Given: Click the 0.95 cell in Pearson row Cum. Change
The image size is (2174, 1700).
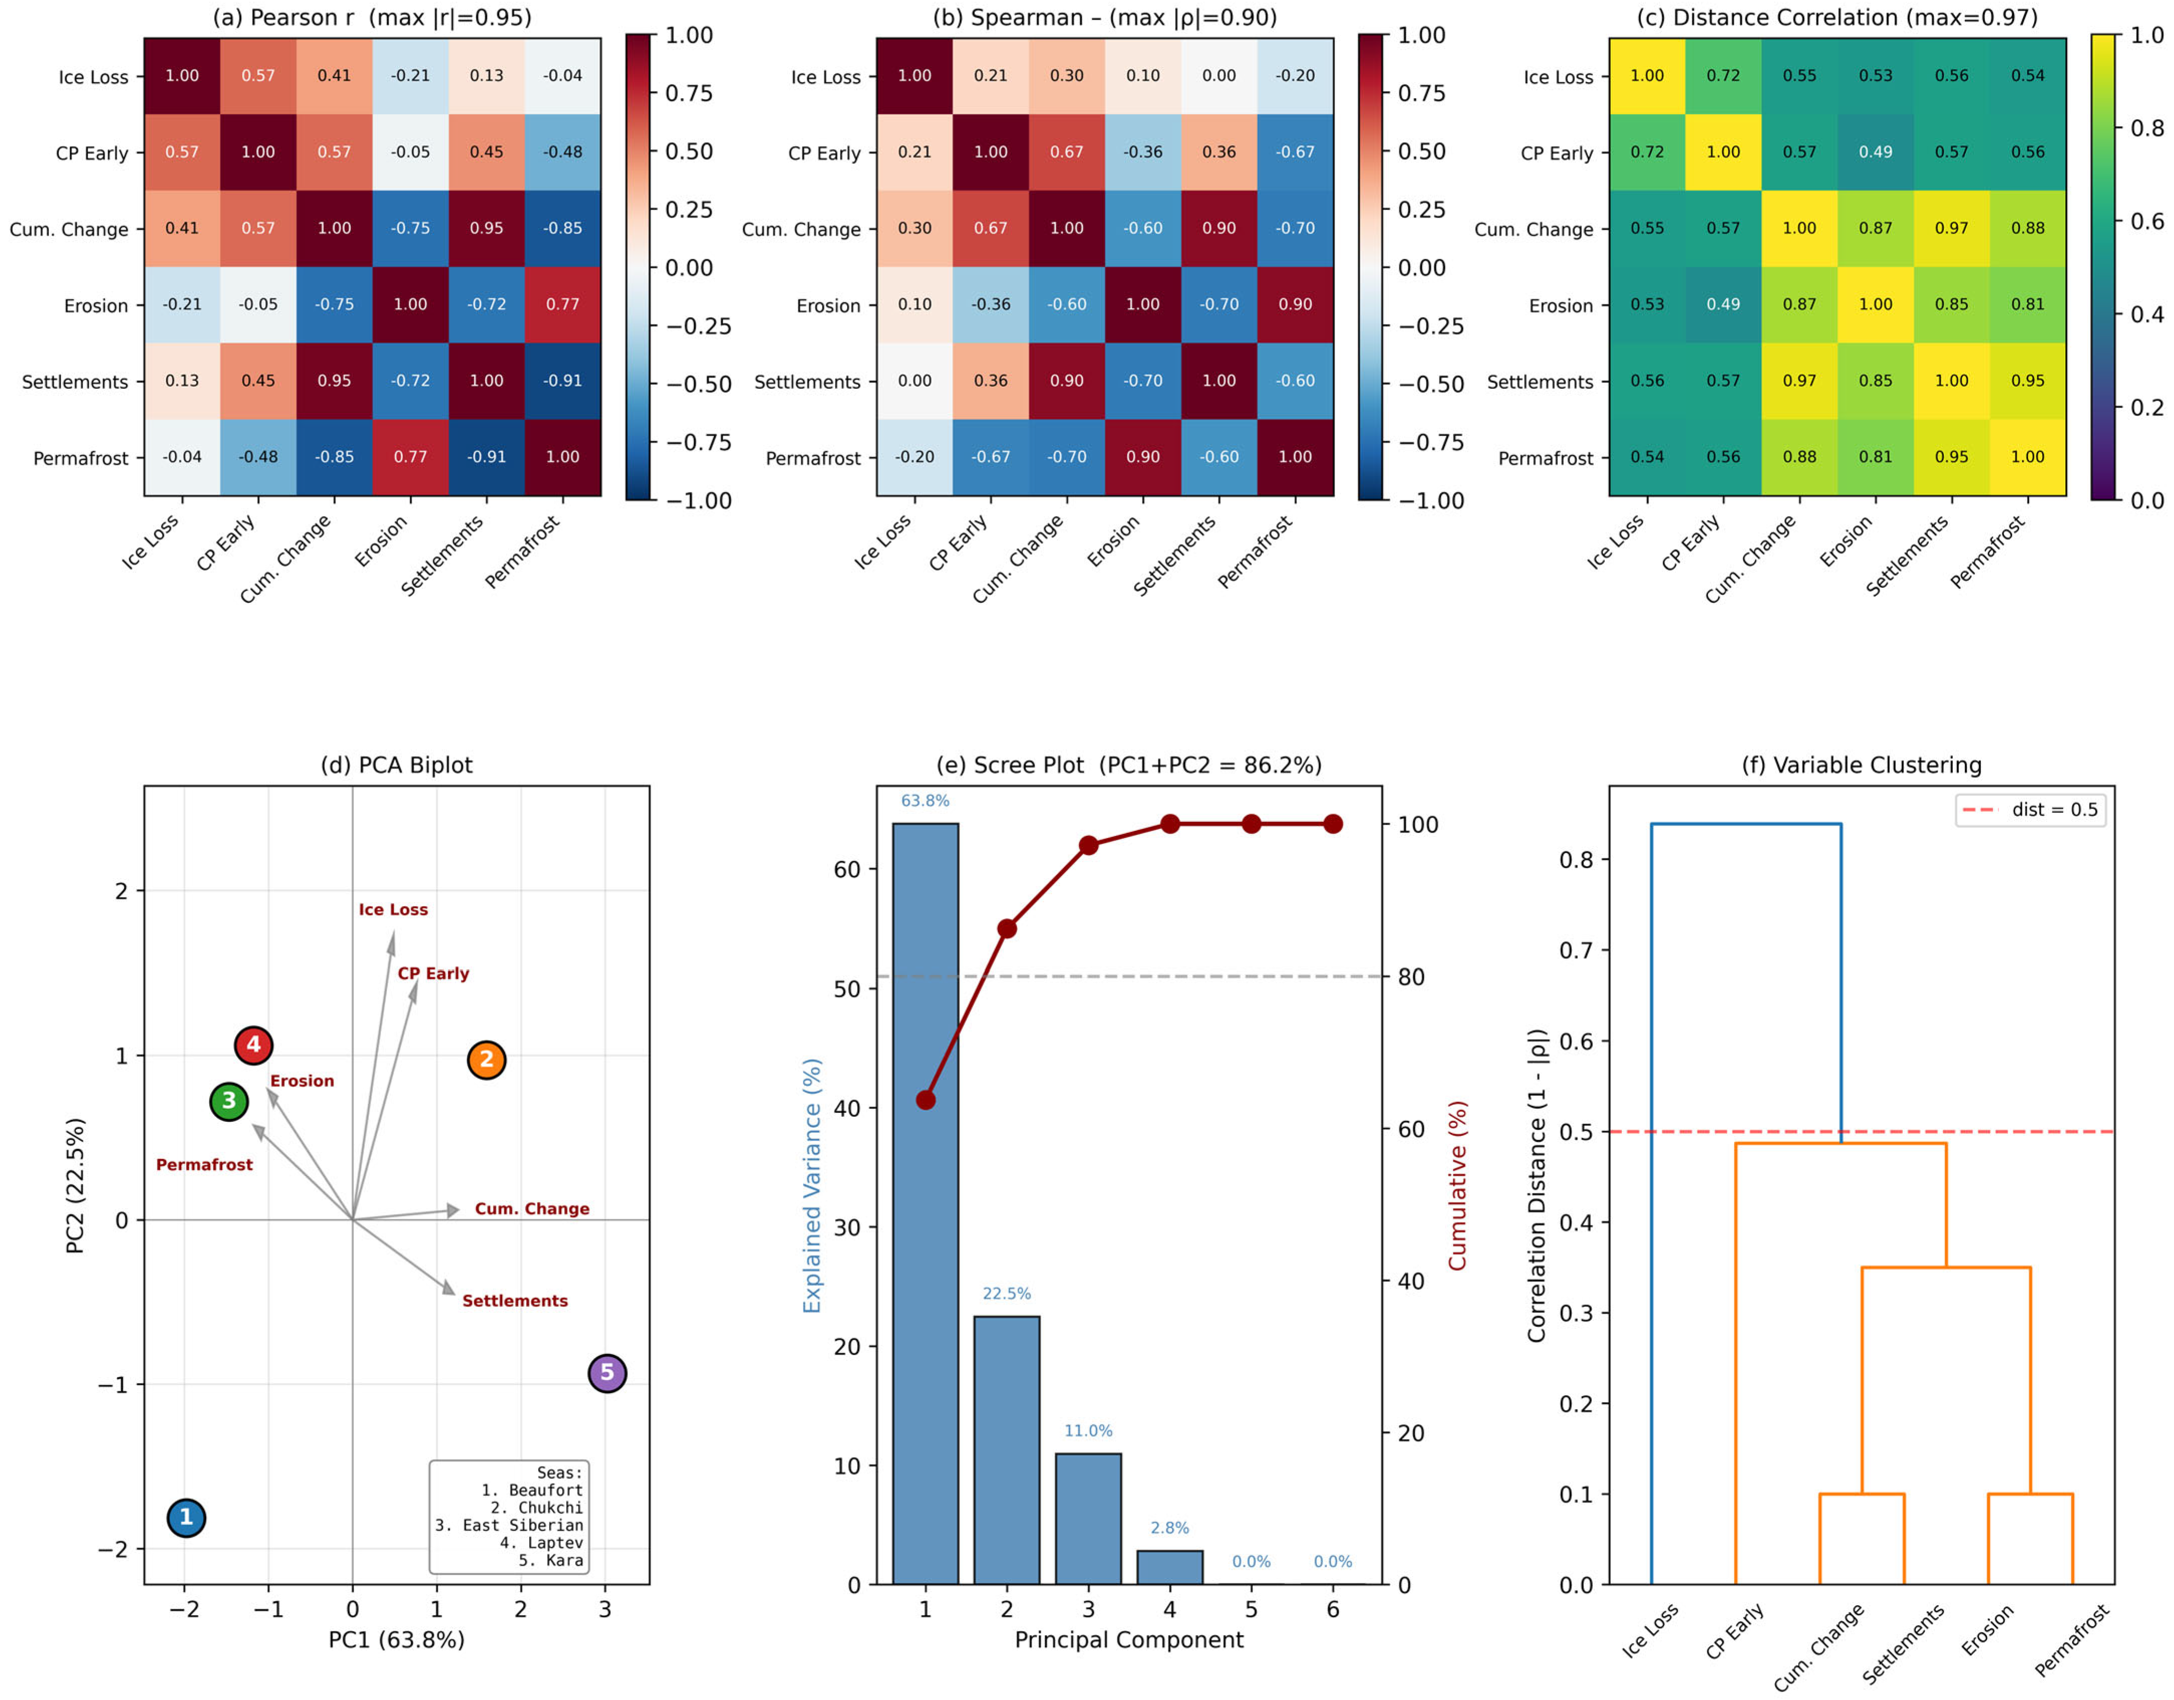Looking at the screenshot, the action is coord(487,228).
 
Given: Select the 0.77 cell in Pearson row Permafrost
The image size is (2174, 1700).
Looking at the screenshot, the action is coord(410,457).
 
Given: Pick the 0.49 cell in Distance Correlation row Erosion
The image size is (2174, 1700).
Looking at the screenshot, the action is coord(1723,304).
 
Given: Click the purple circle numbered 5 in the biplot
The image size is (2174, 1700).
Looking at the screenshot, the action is coord(607,1374).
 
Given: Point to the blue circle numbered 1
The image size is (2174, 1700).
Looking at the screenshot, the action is coord(186,1518).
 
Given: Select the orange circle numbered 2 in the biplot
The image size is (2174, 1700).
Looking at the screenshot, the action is coord(487,1060).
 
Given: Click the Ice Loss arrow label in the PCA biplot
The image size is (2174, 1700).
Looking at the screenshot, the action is coord(393,910).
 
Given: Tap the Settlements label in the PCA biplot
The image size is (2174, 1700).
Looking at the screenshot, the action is coord(515,1301).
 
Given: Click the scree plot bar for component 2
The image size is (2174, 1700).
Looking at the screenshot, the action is coord(1007,1450).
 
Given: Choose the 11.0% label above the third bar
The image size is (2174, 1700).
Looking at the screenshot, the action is coord(1088,1431).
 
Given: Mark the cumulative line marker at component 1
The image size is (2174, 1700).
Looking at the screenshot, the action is coord(926,1100).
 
